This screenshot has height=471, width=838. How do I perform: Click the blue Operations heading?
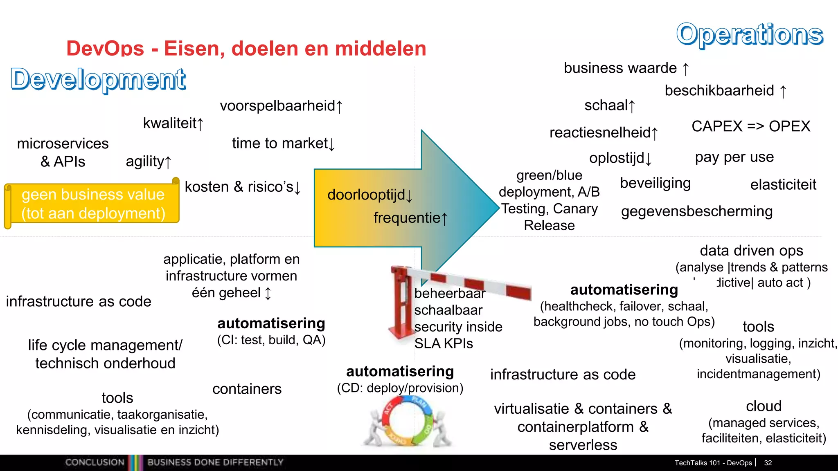(x=749, y=34)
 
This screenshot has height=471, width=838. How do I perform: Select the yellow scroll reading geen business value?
(x=93, y=204)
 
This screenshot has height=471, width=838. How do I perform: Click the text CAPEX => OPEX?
(x=751, y=126)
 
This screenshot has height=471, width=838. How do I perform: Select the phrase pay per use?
(x=734, y=157)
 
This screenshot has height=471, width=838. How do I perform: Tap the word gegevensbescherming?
(x=697, y=211)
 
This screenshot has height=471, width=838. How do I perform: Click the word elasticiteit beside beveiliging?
(x=783, y=185)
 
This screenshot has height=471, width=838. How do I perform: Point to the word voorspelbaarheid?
(x=277, y=106)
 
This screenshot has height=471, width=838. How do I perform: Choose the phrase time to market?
(x=280, y=144)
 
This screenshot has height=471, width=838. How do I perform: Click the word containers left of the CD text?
(x=247, y=389)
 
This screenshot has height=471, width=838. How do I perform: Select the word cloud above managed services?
(x=764, y=406)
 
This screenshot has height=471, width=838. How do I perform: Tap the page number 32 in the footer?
(x=768, y=463)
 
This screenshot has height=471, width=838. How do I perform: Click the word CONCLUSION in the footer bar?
(x=95, y=462)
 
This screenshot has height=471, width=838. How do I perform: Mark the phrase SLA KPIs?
(x=444, y=344)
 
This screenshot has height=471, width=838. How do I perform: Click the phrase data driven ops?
(x=751, y=251)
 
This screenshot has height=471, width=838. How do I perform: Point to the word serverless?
(x=583, y=445)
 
